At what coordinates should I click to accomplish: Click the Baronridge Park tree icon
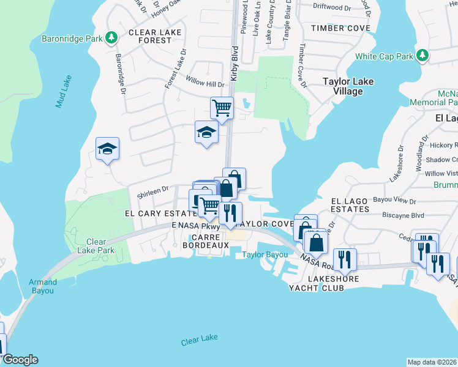tap(111, 39)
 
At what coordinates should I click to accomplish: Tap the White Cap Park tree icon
tap(422, 56)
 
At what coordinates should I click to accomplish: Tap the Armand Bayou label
tap(43, 286)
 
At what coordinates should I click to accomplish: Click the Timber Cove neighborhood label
tap(340, 28)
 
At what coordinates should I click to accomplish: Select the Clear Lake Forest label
tap(150, 36)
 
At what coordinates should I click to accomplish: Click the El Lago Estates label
tap(350, 205)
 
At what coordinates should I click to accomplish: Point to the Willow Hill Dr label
tap(206, 84)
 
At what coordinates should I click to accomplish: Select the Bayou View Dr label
tap(394, 201)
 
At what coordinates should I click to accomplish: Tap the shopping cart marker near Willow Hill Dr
tap(222, 108)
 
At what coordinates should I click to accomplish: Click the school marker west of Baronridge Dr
tap(107, 149)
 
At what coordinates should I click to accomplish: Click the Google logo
tap(20, 360)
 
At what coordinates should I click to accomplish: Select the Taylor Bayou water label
tap(265, 254)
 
